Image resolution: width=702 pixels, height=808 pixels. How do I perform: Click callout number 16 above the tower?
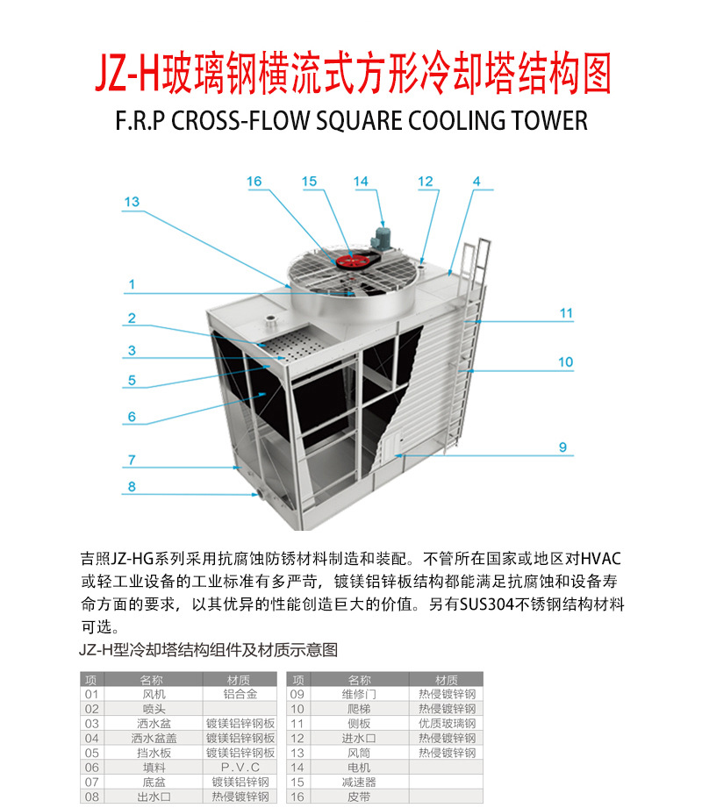pyautogui.click(x=254, y=182)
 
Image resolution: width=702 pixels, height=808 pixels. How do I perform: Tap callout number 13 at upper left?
pyautogui.click(x=132, y=202)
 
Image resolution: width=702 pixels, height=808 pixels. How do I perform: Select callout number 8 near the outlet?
pyautogui.click(x=132, y=487)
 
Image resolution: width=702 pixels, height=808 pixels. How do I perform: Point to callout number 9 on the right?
pyautogui.click(x=562, y=447)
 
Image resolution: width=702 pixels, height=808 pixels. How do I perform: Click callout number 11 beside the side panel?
pyautogui.click(x=565, y=313)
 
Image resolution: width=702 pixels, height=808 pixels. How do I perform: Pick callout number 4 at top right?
pyautogui.click(x=476, y=182)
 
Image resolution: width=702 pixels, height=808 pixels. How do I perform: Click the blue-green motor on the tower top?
pyautogui.click(x=383, y=237)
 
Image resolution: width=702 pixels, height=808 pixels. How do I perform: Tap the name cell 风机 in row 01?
pyautogui.click(x=153, y=694)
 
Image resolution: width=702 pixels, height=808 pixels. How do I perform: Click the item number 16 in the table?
pyautogui.click(x=297, y=797)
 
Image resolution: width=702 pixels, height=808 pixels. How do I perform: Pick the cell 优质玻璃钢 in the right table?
pyautogui.click(x=447, y=724)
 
